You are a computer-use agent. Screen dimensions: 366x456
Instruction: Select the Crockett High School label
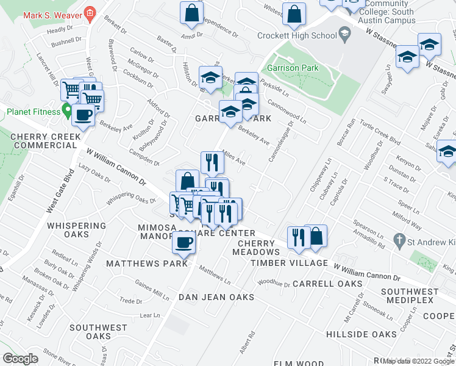[x=297, y=35]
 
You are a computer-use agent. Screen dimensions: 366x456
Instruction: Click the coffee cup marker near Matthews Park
[x=183, y=243]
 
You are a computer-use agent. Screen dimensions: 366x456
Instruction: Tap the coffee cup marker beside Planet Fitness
[x=83, y=114]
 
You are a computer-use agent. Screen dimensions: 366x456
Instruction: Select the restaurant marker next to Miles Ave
[x=212, y=162]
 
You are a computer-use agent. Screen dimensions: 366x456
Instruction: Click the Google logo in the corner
[x=20, y=359]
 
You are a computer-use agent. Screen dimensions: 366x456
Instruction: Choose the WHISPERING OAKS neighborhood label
[x=77, y=231]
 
